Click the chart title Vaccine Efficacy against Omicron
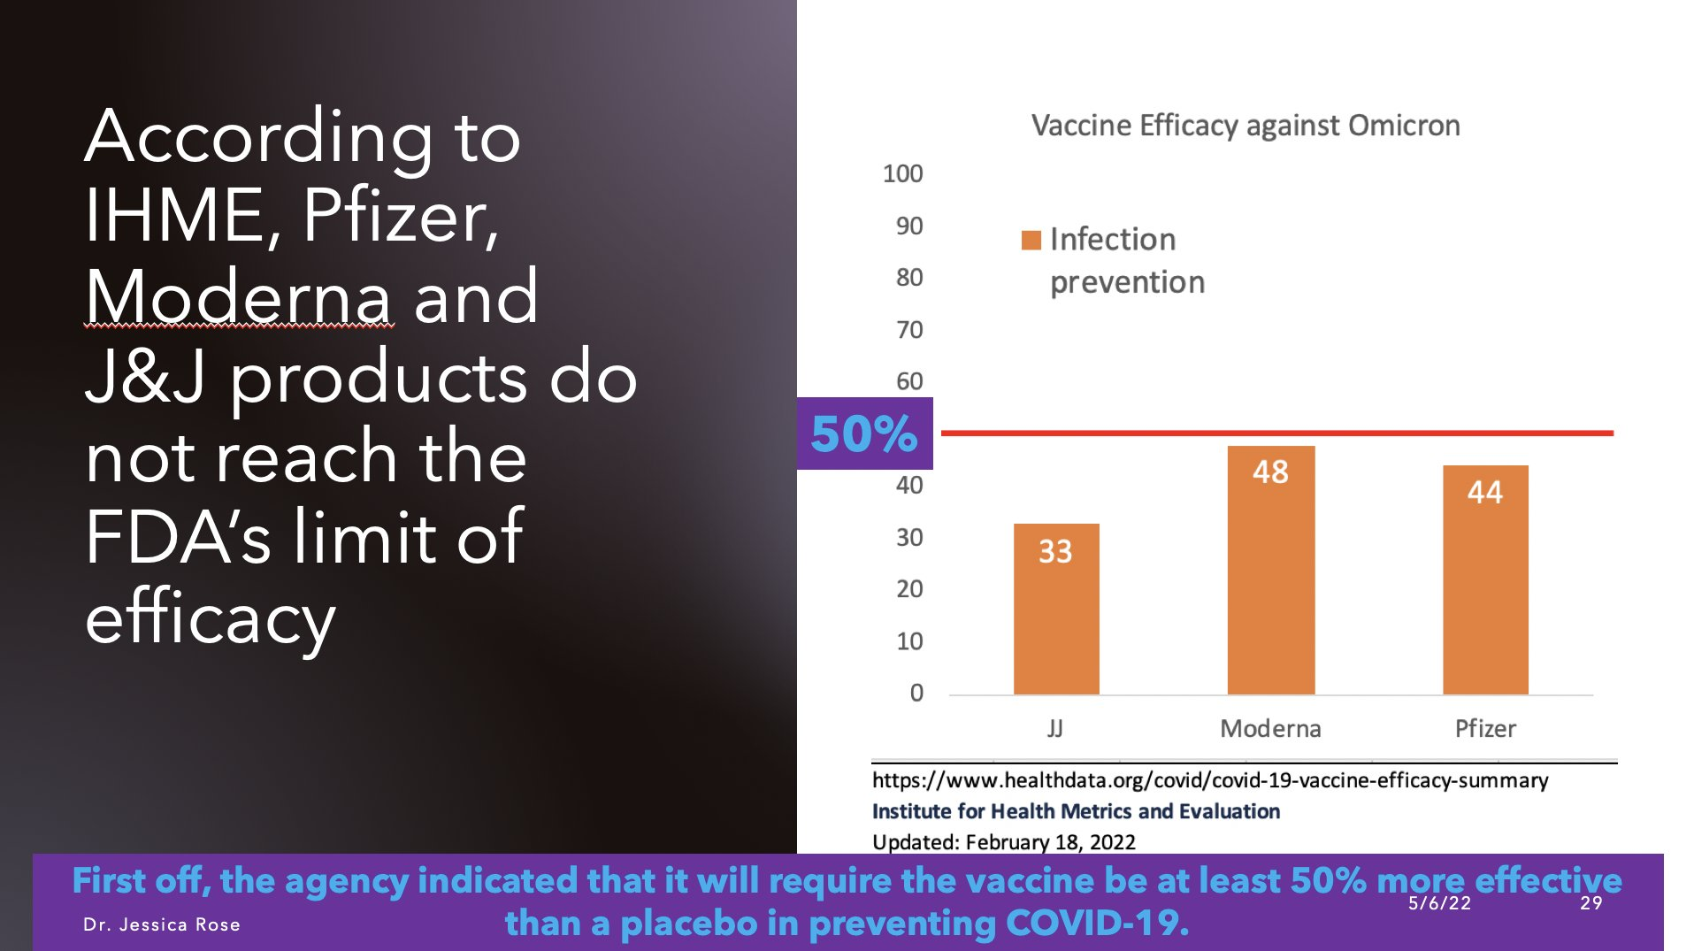click(1245, 126)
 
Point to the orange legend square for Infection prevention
click(1031, 240)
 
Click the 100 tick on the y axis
click(902, 173)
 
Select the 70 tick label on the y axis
click(908, 330)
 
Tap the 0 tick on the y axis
click(916, 693)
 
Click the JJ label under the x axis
click(1054, 729)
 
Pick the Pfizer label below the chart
click(1484, 729)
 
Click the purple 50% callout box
click(864, 433)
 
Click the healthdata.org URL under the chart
click(1209, 780)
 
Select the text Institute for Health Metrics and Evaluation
click(1075, 811)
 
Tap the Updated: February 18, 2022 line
click(1003, 842)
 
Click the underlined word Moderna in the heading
click(239, 297)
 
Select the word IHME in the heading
click(173, 216)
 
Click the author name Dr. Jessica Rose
click(162, 924)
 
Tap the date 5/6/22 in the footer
click(1439, 903)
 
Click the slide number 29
click(1591, 903)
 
